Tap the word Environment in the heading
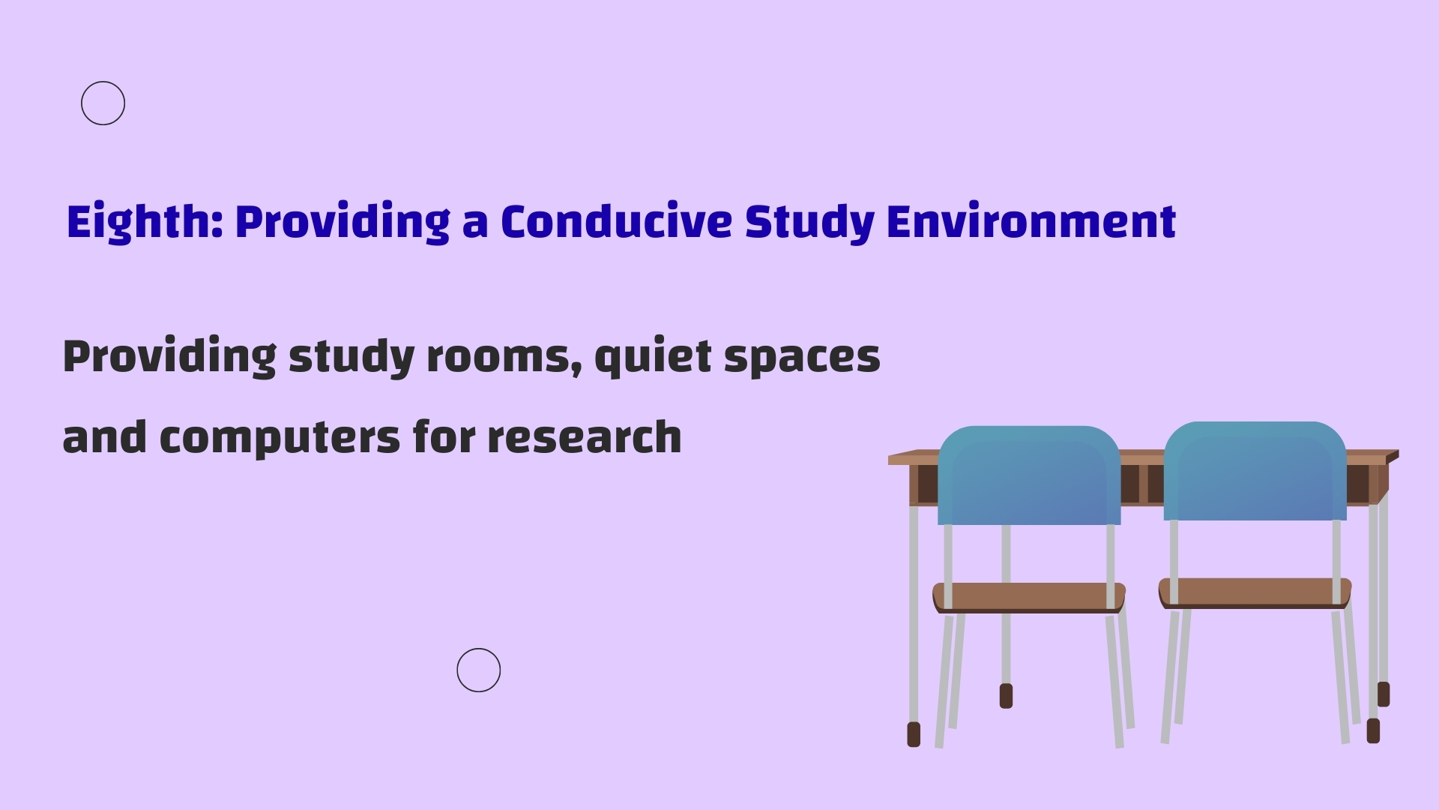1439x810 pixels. (x=1031, y=222)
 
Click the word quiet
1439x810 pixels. (x=652, y=358)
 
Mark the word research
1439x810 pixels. (x=585, y=437)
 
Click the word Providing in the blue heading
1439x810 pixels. (x=343, y=222)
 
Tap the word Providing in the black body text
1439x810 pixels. (x=169, y=356)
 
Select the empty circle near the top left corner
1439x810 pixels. (x=103, y=82)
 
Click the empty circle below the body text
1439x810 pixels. (x=478, y=649)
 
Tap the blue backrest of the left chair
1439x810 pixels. (x=1029, y=475)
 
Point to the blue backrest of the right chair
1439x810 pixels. (x=1255, y=471)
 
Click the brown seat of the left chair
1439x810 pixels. (x=1029, y=597)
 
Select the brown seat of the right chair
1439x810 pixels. (x=1255, y=592)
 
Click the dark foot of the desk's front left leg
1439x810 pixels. (x=914, y=734)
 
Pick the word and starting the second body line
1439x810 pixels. (x=105, y=436)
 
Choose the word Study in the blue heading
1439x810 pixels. (x=809, y=222)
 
